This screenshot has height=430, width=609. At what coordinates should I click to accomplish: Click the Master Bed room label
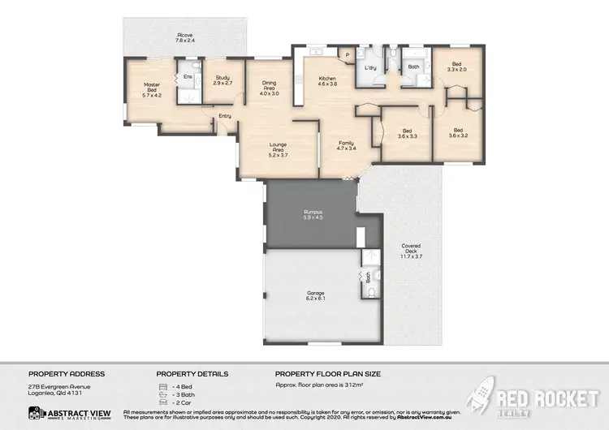coord(152,89)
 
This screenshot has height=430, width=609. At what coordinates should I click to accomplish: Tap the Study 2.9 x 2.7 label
coord(222,81)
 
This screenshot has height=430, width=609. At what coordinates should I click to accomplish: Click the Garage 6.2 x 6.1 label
coord(316,295)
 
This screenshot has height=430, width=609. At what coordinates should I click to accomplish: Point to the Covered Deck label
coord(411,252)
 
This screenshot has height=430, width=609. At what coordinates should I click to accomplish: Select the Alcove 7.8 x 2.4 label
coord(184,37)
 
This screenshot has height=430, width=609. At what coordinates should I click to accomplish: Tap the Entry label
coord(225,116)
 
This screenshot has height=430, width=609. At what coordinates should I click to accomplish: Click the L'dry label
coord(372,67)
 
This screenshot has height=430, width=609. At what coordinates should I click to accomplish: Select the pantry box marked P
coord(347,54)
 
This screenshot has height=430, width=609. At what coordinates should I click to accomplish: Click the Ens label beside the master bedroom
coord(188,76)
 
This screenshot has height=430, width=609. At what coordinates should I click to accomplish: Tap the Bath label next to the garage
coord(368,276)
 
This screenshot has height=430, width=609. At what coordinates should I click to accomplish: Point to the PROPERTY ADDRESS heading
coord(67,373)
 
